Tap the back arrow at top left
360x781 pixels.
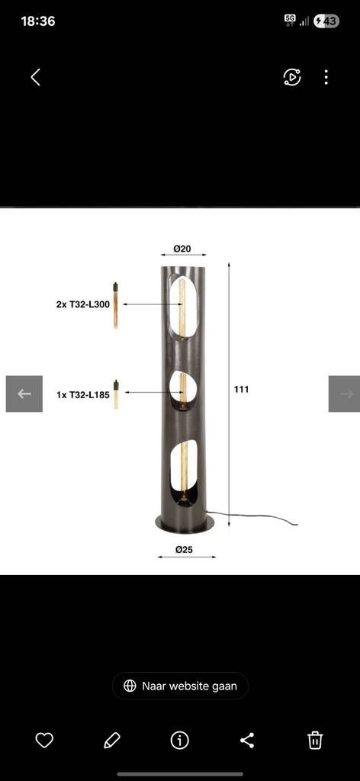[x=35, y=77]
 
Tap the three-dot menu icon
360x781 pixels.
[x=326, y=77]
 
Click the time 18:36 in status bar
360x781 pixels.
[x=37, y=21]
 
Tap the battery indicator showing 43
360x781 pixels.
[x=326, y=21]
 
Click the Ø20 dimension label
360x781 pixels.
[x=182, y=249]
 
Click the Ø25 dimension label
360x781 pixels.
[x=182, y=550]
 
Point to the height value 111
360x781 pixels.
[x=241, y=389]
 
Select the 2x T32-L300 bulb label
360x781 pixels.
[x=82, y=304]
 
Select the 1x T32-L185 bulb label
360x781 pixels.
[x=82, y=394]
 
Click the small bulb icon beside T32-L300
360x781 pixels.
[x=115, y=304]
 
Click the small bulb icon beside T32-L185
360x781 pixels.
[x=116, y=394]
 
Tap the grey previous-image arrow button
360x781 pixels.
[x=24, y=394]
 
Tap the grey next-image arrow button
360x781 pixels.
[x=344, y=394]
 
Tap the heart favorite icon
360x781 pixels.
[x=44, y=740]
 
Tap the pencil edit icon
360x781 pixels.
[x=112, y=740]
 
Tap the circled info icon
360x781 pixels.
[x=180, y=740]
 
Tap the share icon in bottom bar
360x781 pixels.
[x=247, y=740]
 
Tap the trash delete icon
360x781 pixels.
[x=315, y=740]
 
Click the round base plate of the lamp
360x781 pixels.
[x=183, y=523]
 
